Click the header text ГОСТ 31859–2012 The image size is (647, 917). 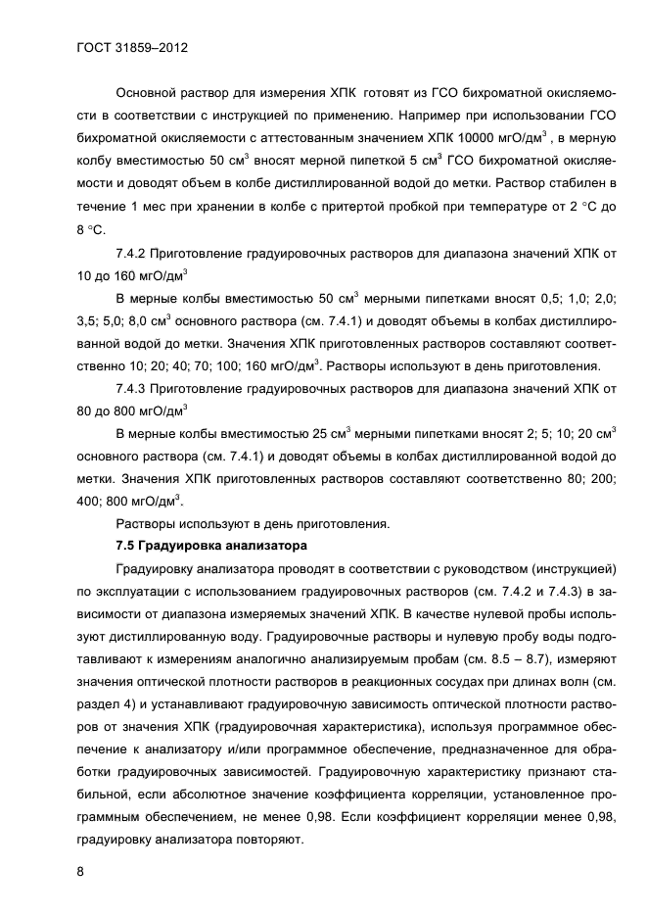pyautogui.click(x=132, y=47)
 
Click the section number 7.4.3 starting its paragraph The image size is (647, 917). pyautogui.click(x=136, y=388)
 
